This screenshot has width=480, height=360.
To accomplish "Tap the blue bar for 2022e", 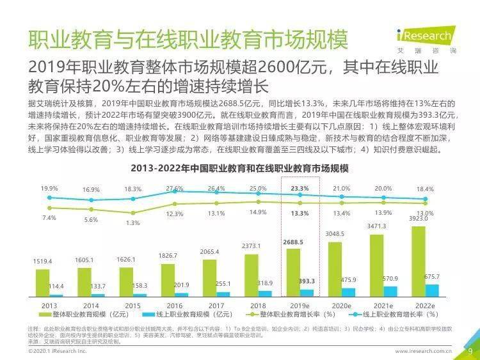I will click(x=432, y=290).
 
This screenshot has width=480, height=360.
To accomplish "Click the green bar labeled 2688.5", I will click(x=292, y=272).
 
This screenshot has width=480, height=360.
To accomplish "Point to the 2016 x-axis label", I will click(x=173, y=306).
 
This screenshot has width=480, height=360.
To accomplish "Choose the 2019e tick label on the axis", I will click(x=300, y=306).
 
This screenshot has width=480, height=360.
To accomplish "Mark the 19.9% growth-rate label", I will click(x=49, y=189).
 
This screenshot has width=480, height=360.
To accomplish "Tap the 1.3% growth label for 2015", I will click(x=132, y=223).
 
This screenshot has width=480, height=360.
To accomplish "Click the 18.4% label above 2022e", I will click(x=425, y=189).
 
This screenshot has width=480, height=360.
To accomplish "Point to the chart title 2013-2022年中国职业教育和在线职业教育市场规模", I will click(x=239, y=168).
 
